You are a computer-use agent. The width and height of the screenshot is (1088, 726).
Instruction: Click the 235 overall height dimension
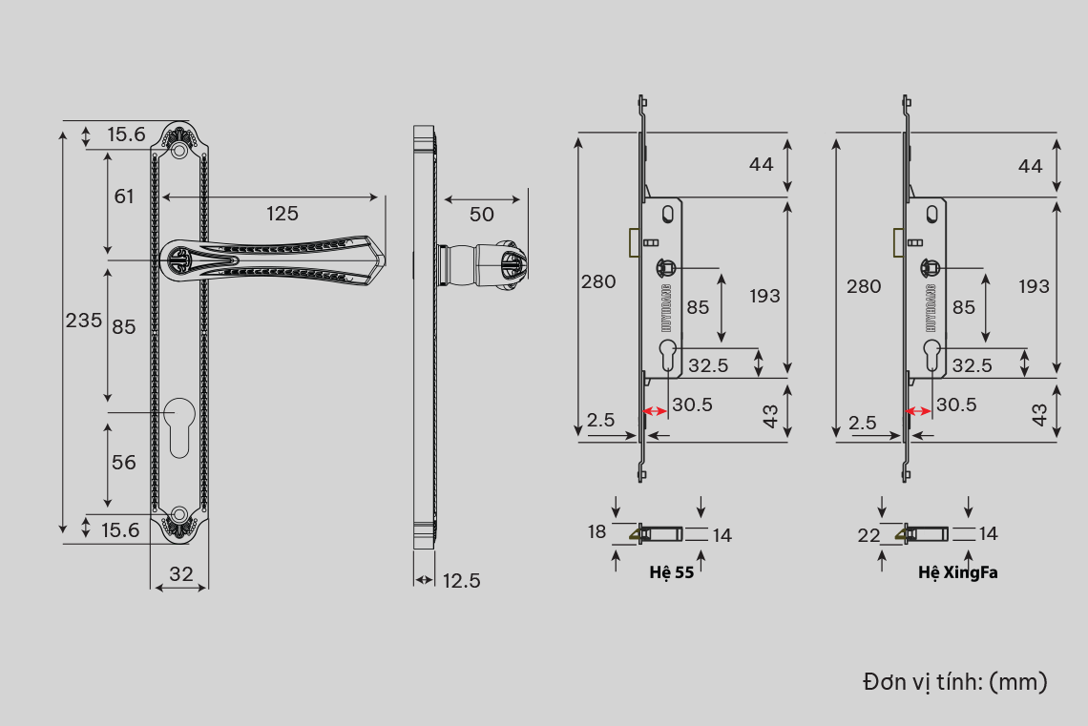[83, 321]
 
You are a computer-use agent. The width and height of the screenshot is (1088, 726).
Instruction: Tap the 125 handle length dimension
[282, 214]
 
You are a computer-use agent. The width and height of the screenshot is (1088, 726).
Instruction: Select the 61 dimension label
[124, 197]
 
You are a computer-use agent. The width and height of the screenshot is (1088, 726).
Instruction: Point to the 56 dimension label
[124, 463]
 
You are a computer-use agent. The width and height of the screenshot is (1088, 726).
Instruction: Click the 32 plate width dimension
[181, 574]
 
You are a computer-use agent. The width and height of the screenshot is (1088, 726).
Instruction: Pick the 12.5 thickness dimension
[461, 580]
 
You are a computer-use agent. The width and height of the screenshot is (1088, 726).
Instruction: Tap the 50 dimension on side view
[482, 215]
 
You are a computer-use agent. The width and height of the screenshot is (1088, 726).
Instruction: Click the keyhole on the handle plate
[179, 427]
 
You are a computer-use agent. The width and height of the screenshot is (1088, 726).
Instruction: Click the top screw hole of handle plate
[179, 150]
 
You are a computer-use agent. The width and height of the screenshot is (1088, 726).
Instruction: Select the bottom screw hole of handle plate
[179, 514]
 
